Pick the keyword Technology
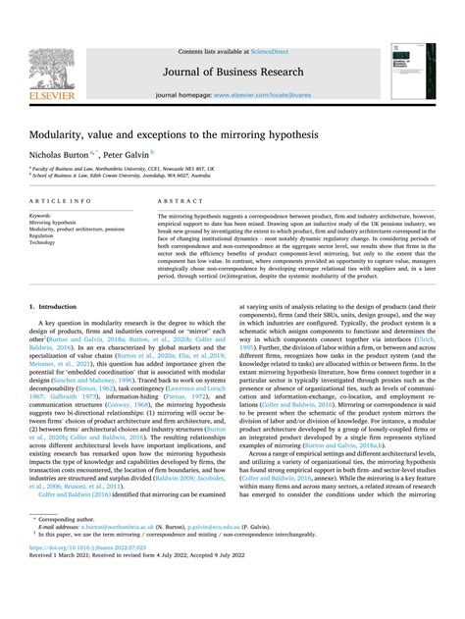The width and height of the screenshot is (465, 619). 45,243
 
